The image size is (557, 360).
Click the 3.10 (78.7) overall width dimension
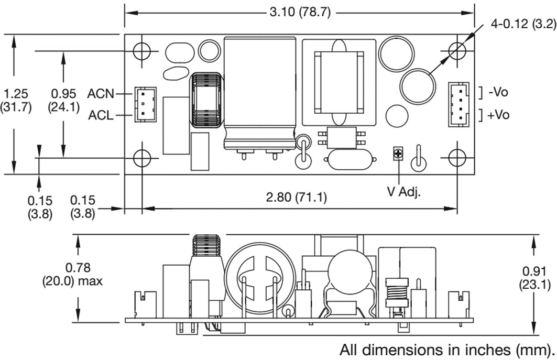300,13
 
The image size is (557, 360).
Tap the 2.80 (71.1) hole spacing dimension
297,197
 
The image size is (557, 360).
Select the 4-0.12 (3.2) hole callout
523,24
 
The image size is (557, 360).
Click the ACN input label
101,94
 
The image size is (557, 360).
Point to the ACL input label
101,115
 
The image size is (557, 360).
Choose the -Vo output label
498,92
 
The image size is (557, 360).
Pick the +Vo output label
498,114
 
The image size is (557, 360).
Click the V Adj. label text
404,192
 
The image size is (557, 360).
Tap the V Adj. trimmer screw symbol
399,154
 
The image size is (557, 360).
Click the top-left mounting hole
142,51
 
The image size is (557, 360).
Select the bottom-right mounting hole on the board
457,158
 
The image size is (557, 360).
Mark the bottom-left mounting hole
142,158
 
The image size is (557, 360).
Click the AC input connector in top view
145,104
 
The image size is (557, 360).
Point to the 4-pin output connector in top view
458,104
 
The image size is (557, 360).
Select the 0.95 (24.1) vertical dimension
63,101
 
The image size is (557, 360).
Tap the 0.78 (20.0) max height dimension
72,274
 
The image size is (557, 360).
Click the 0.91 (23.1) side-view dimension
534,278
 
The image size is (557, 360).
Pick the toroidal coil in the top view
206,100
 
